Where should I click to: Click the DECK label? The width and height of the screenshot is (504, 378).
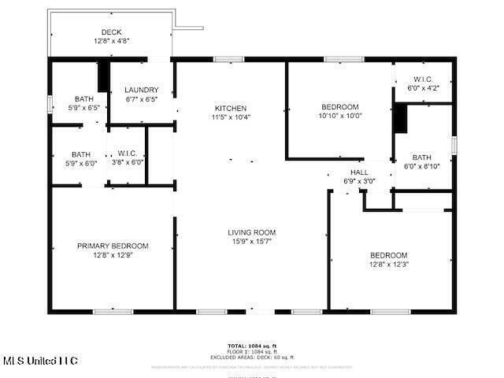click(x=111, y=32)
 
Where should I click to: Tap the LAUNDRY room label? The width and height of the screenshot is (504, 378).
click(x=142, y=91)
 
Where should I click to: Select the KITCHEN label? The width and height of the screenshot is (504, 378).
click(x=231, y=108)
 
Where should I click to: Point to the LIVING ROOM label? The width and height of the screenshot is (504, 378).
click(x=252, y=232)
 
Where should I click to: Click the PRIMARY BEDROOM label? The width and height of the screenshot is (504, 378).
click(x=113, y=246)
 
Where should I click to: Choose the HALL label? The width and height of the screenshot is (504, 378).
click(x=359, y=172)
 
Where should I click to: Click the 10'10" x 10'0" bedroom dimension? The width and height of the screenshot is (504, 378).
click(x=340, y=116)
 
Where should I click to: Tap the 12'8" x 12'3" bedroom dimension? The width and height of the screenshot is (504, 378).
click(x=389, y=264)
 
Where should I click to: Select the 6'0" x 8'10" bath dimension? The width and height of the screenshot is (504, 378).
click(x=421, y=165)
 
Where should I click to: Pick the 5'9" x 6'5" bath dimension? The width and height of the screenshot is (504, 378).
click(x=83, y=107)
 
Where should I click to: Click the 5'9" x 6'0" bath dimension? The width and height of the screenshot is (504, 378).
click(x=81, y=163)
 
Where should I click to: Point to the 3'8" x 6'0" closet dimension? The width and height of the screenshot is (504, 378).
click(x=127, y=161)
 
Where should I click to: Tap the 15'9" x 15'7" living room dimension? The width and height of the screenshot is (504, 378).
click(x=252, y=241)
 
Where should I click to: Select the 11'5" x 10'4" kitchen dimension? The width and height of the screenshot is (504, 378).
click(x=231, y=117)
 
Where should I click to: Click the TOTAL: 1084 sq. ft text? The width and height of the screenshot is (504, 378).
click(x=252, y=346)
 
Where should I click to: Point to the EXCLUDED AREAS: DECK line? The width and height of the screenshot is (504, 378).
click(x=252, y=357)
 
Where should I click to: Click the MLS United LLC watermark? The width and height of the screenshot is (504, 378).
click(x=39, y=361)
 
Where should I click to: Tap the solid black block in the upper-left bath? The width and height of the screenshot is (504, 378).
click(x=102, y=76)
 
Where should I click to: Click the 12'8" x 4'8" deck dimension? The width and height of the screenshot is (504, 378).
click(x=111, y=41)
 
